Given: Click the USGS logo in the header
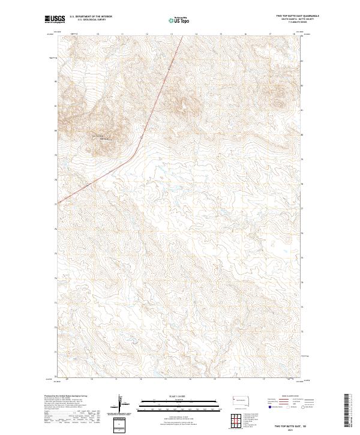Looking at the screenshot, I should click(55, 19).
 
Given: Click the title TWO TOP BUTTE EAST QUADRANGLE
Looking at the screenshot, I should click(297, 16).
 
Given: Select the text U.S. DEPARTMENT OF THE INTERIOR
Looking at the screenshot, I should click(91, 16).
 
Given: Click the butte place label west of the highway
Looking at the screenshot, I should click(101, 138).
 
